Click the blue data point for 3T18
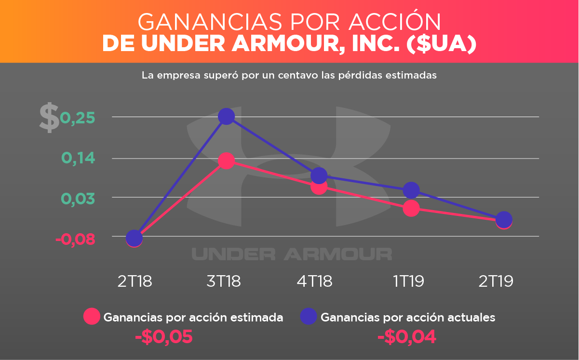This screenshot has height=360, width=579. point(226,116)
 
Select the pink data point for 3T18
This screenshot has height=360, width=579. point(226,161)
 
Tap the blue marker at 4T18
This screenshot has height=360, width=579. point(319,175)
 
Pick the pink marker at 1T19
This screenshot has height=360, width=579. point(411,208)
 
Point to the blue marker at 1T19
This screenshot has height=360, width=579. point(411,190)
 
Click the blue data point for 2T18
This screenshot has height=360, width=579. point(134,238)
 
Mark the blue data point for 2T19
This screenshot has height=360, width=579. point(504,219)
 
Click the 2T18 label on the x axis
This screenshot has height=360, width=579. point(135,281)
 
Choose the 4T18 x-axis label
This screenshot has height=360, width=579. point(314,281)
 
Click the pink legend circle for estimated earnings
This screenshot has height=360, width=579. point(92,316)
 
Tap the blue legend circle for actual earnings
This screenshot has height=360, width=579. point(309,316)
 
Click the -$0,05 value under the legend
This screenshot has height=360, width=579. point(164,337)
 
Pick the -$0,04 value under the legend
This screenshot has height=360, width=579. point(407,337)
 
